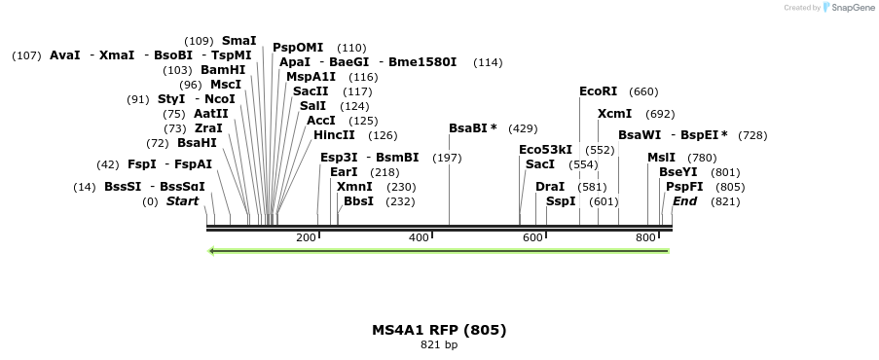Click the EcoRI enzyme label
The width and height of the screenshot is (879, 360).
point(598,91)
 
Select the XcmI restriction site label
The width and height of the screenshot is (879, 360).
point(614,114)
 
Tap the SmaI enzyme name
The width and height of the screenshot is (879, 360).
point(238,41)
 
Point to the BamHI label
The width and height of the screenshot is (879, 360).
point(223,70)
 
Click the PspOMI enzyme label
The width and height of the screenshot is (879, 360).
point(298,48)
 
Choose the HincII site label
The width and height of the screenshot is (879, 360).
point(334,135)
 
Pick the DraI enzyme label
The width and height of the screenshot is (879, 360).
point(550,186)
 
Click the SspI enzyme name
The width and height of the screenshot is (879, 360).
point(561,201)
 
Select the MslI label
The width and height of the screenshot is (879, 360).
point(661,158)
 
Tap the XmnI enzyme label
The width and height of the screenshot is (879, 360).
point(354,187)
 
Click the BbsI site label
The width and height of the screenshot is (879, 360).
point(358,201)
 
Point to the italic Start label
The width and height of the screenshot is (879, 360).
point(182,201)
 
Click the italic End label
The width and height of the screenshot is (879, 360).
point(684,201)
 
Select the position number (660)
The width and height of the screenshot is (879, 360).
point(643,91)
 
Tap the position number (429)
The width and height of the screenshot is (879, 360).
point(523,128)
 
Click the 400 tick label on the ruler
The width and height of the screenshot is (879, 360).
point(420,238)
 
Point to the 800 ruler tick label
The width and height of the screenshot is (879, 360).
point(645,238)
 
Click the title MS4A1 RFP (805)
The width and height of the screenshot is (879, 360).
point(439,330)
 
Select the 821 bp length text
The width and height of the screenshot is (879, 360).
point(439,344)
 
